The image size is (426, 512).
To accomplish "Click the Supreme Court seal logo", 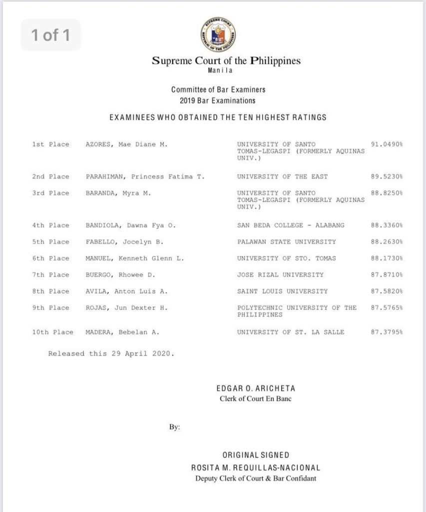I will tap(218, 35).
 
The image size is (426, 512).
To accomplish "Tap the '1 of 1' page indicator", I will tap(50, 35).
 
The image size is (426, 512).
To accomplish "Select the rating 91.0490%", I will tap(387, 144).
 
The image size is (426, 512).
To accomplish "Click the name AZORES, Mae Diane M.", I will tap(126, 144).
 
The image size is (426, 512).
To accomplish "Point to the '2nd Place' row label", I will tap(50, 176).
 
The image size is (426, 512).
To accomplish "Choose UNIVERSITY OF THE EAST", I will tap(282, 176).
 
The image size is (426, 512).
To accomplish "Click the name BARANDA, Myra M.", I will tap(118, 193).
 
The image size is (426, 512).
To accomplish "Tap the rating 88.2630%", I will tap(387, 242).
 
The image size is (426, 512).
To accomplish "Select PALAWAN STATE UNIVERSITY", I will tap(286, 242).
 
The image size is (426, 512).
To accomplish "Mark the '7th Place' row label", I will tap(50, 275).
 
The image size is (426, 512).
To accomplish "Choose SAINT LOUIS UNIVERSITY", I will tap(282, 291).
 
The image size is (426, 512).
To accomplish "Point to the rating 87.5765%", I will tap(387, 307).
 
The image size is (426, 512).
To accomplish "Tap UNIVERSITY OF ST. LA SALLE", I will tap(291, 332).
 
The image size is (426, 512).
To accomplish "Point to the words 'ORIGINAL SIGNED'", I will tap(256, 455).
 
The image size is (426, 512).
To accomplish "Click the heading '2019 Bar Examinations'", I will tap(217, 100).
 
